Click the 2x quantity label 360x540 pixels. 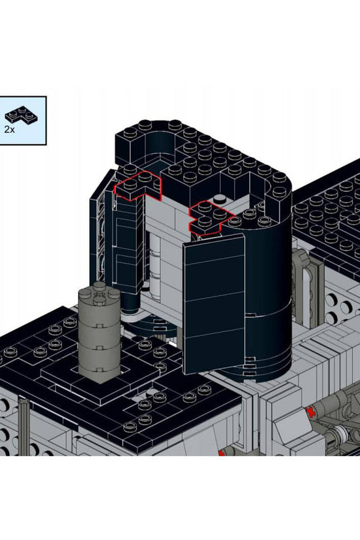click(x=9, y=130)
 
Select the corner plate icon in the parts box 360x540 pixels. click(x=21, y=115)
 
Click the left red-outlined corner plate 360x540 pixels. click(x=138, y=186)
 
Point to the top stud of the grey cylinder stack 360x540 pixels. click(x=99, y=285)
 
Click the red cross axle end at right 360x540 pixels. click(x=312, y=412)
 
